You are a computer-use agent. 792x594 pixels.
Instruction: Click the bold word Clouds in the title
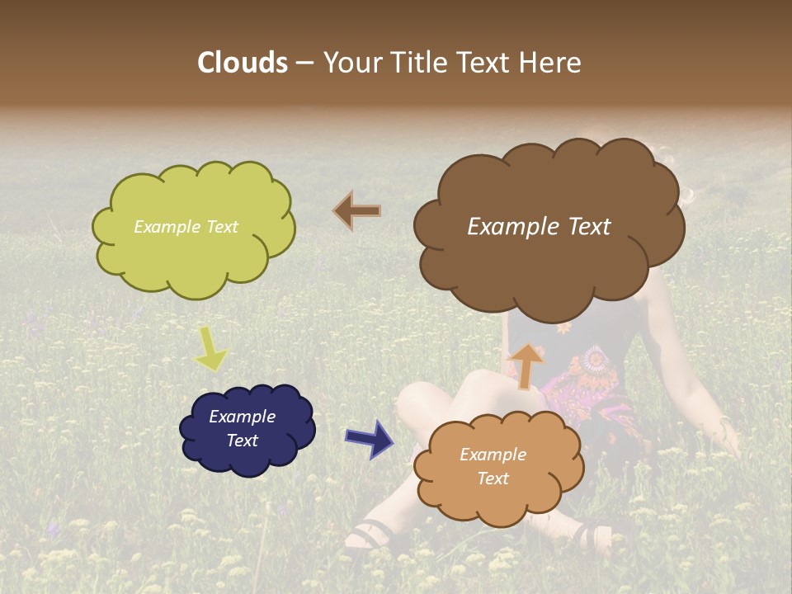click(243, 63)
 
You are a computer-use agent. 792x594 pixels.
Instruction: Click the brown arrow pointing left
click(357, 210)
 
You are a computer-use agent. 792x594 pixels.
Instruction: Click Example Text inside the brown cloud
click(539, 227)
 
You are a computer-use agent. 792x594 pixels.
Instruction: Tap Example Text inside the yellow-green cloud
click(186, 227)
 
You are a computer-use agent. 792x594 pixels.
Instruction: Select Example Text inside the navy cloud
click(242, 428)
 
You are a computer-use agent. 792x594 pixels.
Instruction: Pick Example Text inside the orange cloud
click(493, 466)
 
